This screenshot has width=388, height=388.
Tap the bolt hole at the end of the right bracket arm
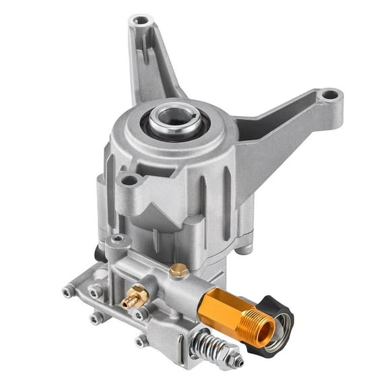click(x=327, y=94)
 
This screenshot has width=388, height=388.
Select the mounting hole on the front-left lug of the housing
click(x=128, y=180)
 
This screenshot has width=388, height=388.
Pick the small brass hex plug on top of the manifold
click(x=179, y=270)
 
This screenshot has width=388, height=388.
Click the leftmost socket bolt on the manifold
click(x=69, y=292)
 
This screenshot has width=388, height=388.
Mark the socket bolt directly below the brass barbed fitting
click(x=140, y=315)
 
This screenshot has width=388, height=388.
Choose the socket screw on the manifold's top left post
click(x=119, y=239)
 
